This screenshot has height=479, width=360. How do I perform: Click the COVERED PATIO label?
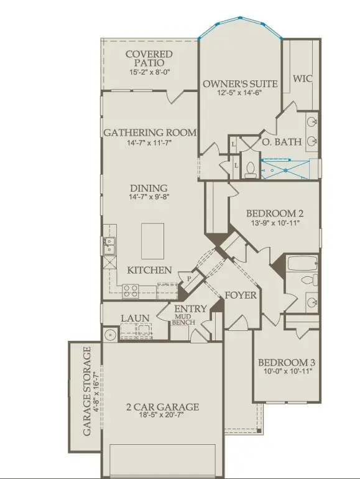(149, 58)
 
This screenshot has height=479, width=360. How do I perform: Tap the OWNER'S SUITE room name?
(240, 83)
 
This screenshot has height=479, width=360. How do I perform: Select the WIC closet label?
(302, 80)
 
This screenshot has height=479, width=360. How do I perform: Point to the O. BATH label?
(281, 142)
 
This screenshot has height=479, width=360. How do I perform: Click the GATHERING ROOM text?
(150, 133)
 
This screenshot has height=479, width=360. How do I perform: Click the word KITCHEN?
(149, 270)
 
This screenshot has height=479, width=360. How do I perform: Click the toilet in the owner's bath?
(249, 167)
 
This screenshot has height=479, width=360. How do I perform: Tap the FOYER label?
(241, 295)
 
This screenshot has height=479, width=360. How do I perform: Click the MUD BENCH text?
(184, 320)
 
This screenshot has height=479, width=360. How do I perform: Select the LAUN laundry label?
(135, 319)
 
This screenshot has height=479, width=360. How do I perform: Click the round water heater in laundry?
(110, 335)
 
